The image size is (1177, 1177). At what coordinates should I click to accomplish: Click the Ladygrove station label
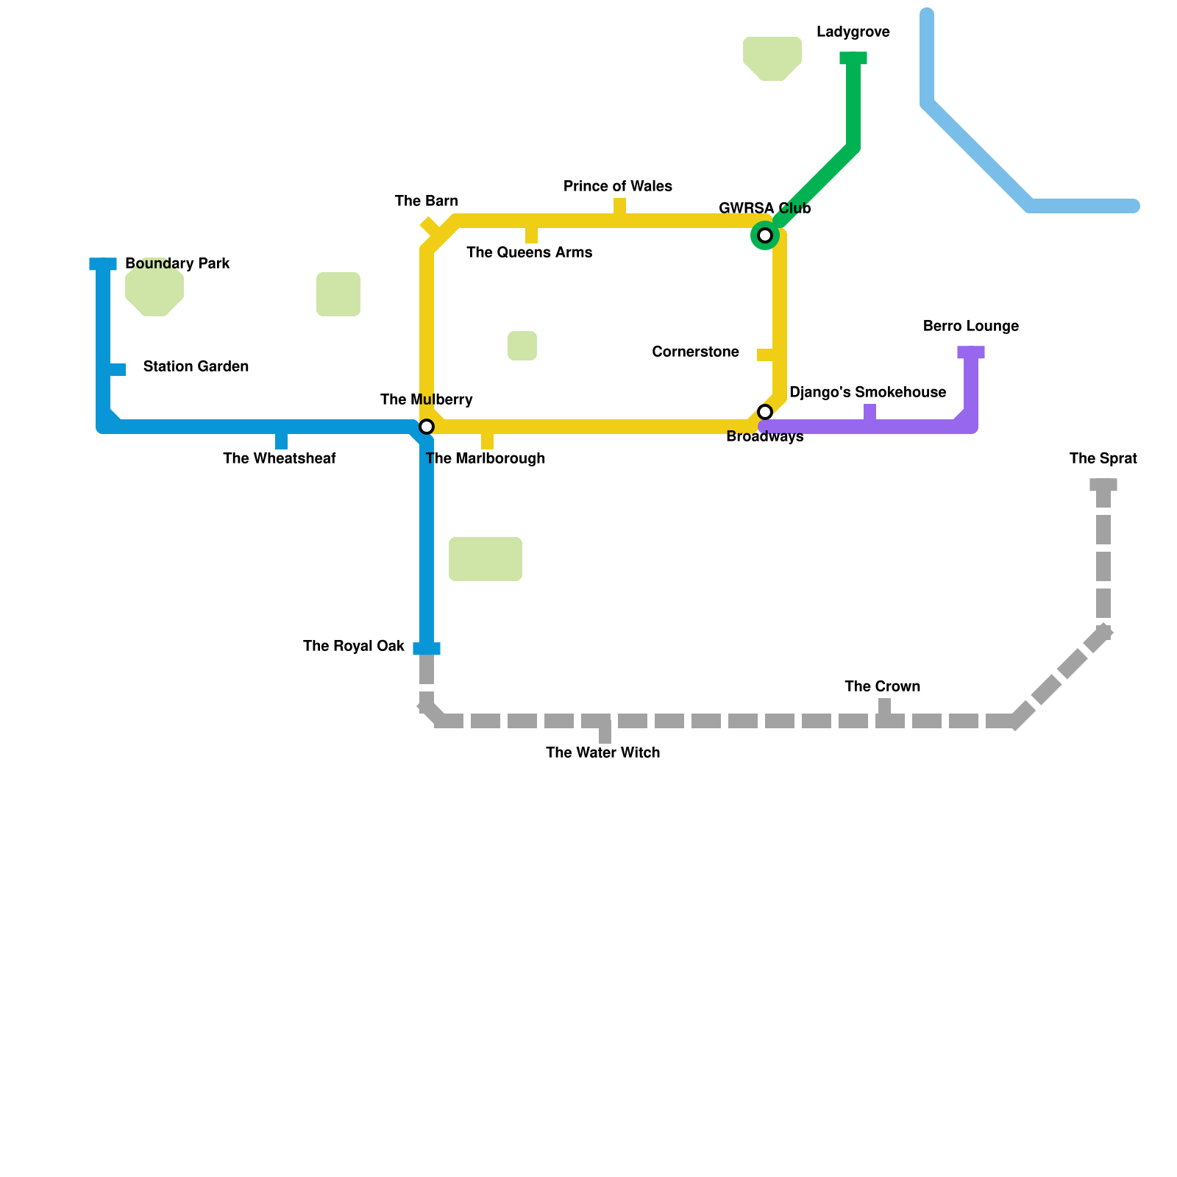[x=853, y=32]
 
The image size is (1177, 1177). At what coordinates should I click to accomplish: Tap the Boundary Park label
[x=177, y=264]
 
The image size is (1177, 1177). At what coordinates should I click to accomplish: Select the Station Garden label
[x=196, y=367]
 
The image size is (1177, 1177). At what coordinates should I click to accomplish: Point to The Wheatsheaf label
[x=279, y=459]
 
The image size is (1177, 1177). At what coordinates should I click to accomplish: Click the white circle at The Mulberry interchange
[x=427, y=427]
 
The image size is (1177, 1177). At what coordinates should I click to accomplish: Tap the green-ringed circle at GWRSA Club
[x=765, y=235]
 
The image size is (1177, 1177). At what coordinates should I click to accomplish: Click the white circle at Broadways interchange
[x=765, y=412]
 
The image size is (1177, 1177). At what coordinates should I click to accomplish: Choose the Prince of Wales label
[x=618, y=187]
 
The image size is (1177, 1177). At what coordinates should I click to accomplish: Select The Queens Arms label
[x=529, y=253]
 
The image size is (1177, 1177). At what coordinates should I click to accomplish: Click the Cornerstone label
[x=695, y=352]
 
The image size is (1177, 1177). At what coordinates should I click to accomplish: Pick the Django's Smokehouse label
[x=867, y=393]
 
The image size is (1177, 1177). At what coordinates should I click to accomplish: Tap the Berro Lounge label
[x=970, y=327]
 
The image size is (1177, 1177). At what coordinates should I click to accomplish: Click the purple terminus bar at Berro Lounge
[x=971, y=352]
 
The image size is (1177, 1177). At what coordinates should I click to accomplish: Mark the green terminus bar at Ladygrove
[x=853, y=58]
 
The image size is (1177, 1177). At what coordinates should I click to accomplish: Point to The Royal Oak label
[x=353, y=647]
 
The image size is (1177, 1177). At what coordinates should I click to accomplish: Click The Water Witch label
[x=602, y=753]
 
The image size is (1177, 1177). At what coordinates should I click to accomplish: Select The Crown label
[x=882, y=687]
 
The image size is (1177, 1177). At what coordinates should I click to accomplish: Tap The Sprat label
[x=1103, y=459]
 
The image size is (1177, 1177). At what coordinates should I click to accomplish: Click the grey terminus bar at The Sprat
[x=1103, y=485]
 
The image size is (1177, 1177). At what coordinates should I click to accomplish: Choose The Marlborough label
[x=486, y=459]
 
